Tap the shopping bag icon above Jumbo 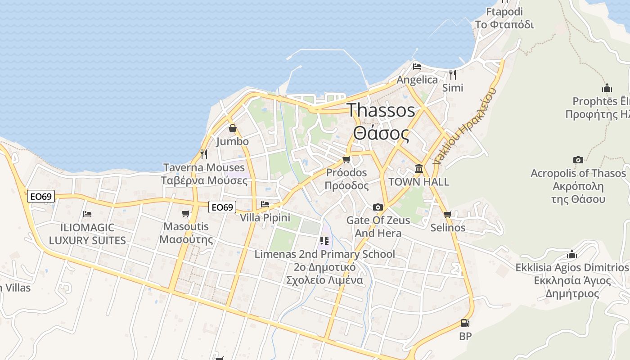tap(232, 129)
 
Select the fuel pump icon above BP tap(465, 323)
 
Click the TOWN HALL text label tap(418, 182)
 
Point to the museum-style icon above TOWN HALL tap(419, 169)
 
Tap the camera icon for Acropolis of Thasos tap(578, 160)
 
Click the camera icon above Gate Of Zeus tap(378, 207)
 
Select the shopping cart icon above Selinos tap(447, 214)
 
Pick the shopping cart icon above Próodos tap(346, 159)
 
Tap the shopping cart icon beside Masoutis tap(186, 213)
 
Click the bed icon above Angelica tap(417, 67)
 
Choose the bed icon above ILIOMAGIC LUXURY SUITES tap(87, 214)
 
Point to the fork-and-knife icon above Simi tap(453, 74)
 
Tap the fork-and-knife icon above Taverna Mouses tap(204, 154)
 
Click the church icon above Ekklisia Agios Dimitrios tap(572, 254)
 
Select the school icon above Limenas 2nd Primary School tap(324, 241)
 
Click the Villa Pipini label tap(265, 218)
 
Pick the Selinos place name tap(448, 228)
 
